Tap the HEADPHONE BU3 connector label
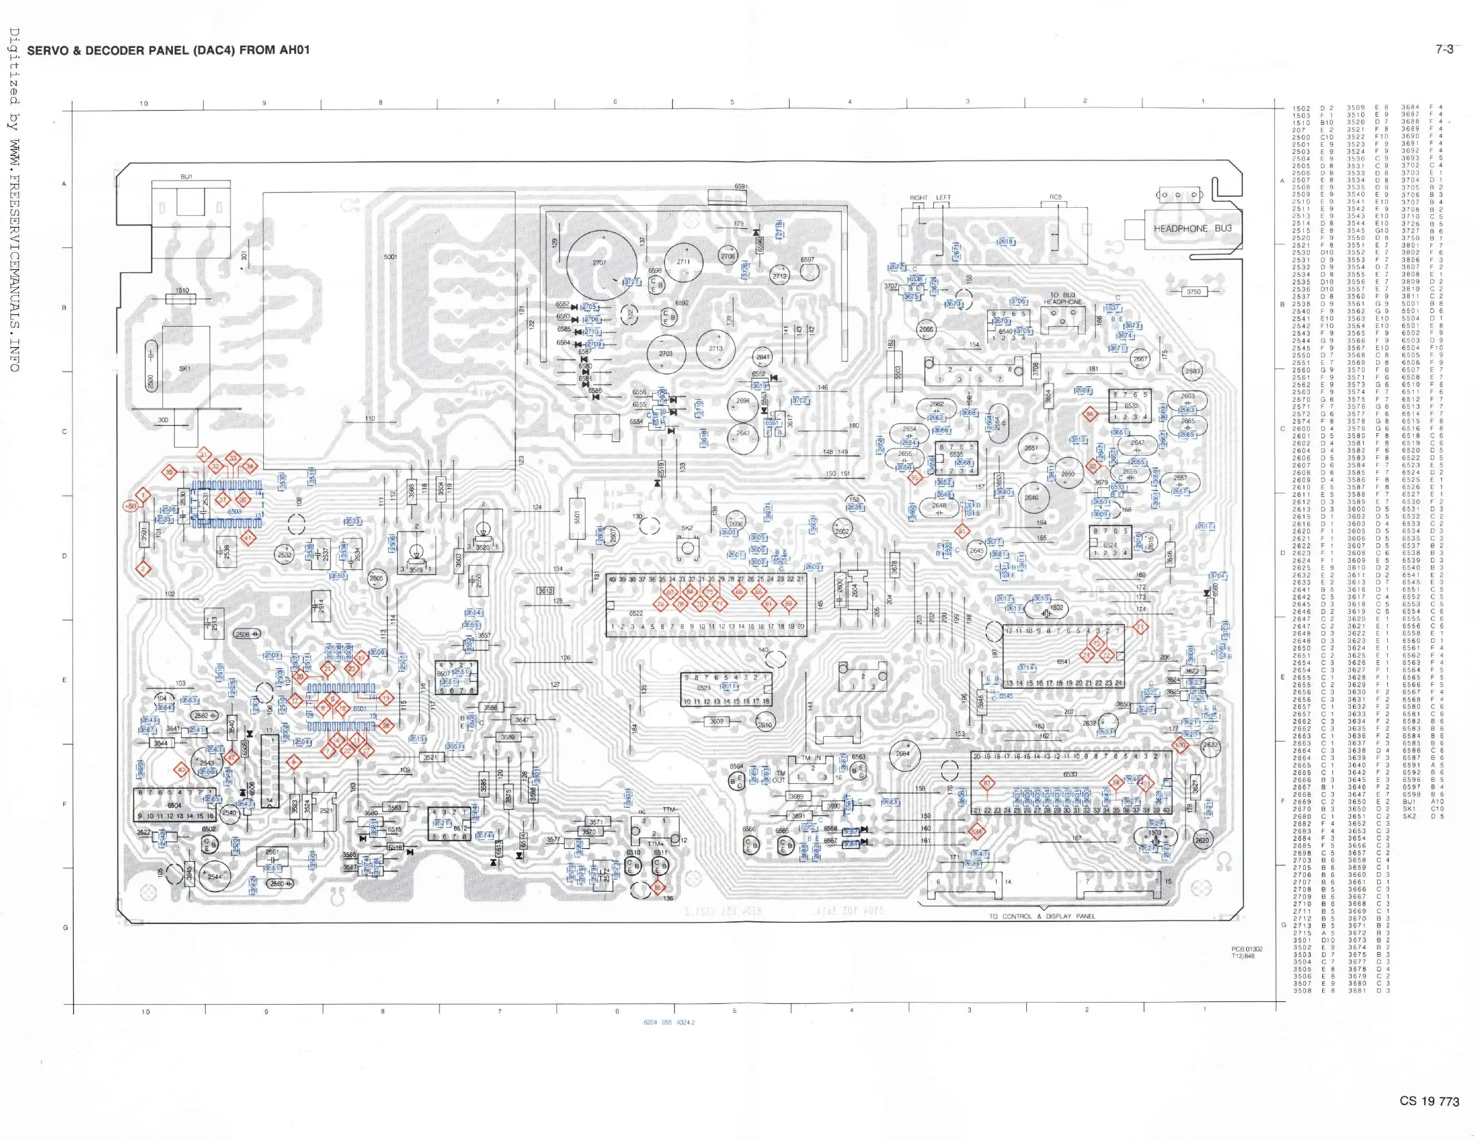(1192, 228)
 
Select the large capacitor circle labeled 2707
(601, 264)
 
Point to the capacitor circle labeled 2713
(715, 349)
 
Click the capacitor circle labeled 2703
(666, 354)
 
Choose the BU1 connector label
(186, 176)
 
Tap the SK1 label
(185, 368)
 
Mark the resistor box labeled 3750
(1193, 292)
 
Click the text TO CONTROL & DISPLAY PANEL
(1042, 917)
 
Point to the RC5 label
(1056, 198)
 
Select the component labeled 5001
(390, 257)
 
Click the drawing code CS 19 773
(1429, 1101)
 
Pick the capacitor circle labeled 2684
(904, 755)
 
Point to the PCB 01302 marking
(1247, 949)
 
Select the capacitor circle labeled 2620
(1202, 841)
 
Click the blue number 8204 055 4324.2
(669, 1022)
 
